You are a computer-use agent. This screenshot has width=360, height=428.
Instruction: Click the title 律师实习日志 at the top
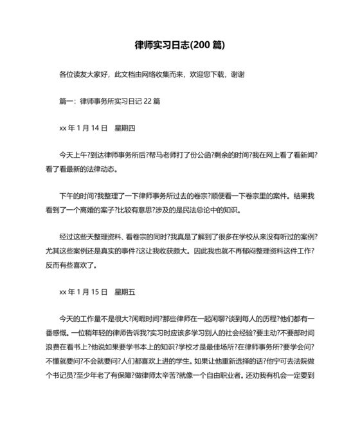click(159, 45)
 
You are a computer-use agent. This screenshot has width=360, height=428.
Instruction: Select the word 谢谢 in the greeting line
click(237, 75)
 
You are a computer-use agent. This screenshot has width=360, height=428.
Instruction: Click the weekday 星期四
click(125, 128)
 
